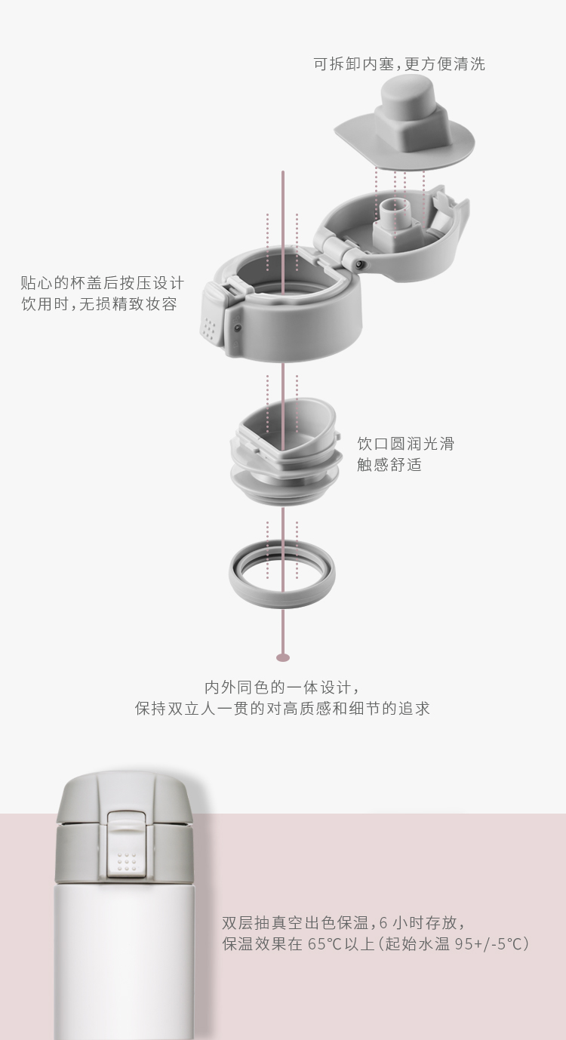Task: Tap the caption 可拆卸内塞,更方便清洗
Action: click(x=399, y=64)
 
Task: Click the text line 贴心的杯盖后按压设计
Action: click(x=102, y=283)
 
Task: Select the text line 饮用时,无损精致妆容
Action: click(x=99, y=304)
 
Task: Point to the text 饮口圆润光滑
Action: click(x=405, y=443)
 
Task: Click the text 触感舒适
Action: click(x=389, y=464)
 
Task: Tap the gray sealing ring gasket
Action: click(x=281, y=574)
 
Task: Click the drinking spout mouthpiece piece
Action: click(x=286, y=451)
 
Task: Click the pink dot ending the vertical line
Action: click(x=283, y=657)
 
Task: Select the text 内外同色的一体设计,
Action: click(x=282, y=687)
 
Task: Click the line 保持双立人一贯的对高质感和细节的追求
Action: click(x=282, y=709)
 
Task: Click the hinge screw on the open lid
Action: click(x=359, y=264)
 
